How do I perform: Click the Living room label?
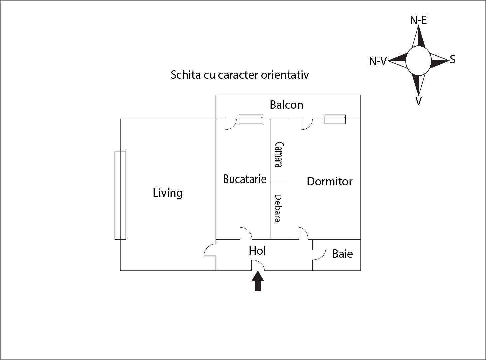168,193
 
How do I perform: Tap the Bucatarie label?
245,179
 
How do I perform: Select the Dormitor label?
329,182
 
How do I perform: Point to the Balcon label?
286,105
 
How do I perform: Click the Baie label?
342,254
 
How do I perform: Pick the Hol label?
257,251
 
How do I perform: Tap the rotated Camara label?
279,155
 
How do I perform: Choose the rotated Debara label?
278,208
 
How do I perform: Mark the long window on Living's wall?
120,195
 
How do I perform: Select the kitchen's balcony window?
251,119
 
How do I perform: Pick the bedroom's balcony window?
335,119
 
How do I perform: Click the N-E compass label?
418,20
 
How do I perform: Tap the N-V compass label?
378,61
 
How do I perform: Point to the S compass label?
452,60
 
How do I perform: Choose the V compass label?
419,101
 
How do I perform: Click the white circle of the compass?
418,61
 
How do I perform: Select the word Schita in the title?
182,75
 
